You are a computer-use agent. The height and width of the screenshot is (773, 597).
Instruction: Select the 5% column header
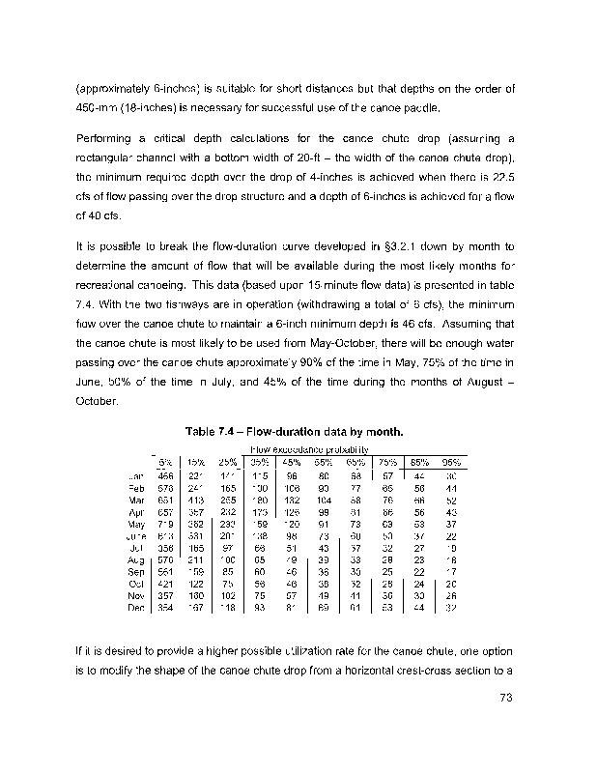click(x=165, y=462)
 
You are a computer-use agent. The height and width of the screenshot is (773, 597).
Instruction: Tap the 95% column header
click(x=451, y=462)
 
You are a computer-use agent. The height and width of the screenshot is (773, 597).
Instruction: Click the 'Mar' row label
click(x=137, y=501)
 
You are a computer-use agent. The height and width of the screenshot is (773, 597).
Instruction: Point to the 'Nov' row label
click(x=136, y=596)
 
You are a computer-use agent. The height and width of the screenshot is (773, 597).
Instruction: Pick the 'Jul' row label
click(x=137, y=548)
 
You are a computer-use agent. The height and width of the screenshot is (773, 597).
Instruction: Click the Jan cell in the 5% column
click(x=165, y=476)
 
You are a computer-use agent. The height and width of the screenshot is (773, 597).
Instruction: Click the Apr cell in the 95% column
click(x=451, y=512)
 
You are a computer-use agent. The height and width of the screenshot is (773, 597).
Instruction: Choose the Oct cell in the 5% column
click(x=165, y=585)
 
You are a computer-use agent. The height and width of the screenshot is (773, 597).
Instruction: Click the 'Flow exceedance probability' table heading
click(x=309, y=449)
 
